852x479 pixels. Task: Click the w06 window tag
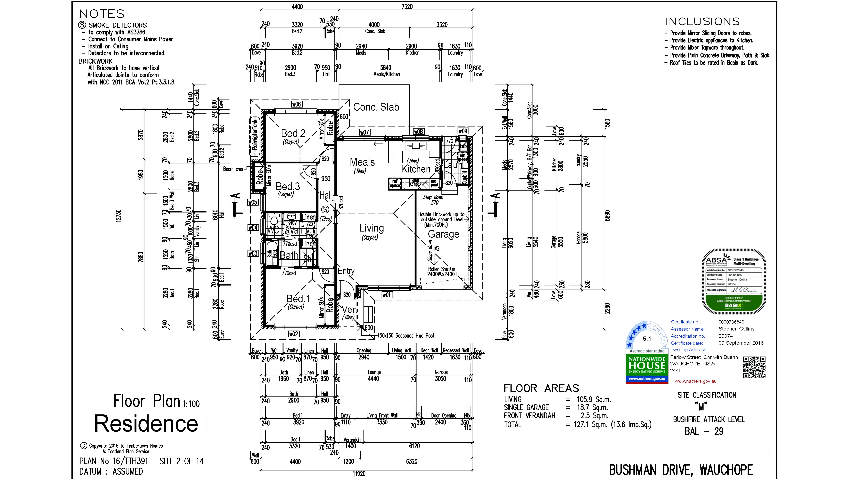296,104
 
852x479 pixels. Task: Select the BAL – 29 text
704,431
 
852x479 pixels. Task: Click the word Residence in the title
146,423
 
